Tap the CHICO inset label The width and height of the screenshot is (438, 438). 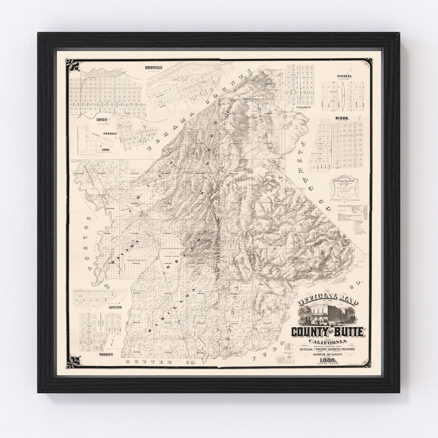click(x=101, y=120)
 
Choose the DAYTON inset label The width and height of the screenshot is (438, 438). click(x=115, y=307)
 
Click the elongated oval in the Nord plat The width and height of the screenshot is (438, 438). click(x=343, y=96)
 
